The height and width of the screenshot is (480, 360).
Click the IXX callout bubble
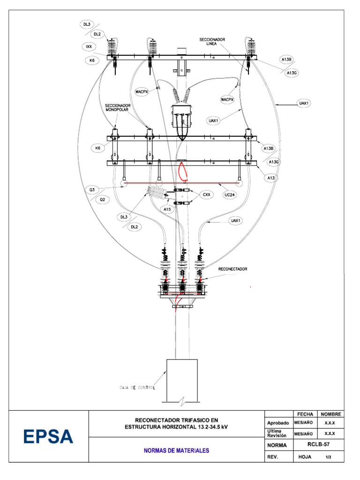point(89,46)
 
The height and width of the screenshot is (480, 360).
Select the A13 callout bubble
point(271,178)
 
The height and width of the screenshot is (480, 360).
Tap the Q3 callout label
point(92,190)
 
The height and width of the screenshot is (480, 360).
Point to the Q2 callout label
point(102,200)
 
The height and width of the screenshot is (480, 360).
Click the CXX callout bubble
point(207,195)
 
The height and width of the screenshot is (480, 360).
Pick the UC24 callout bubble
point(230,195)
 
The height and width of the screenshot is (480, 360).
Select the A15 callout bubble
point(167,210)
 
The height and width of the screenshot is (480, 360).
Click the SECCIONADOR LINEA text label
point(212,42)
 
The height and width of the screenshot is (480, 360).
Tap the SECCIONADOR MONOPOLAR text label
point(118,107)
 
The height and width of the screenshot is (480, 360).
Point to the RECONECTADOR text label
point(232,269)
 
